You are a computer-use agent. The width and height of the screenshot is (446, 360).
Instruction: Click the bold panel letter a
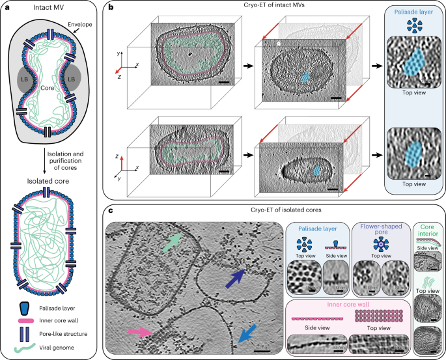point(6,7)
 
